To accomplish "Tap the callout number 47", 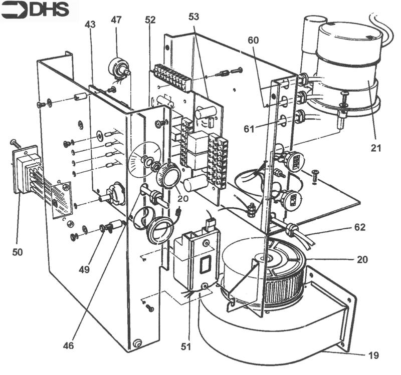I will click(116, 20).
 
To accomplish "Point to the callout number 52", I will click(150, 20).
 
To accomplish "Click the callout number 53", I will click(193, 17).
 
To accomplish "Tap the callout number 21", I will click(376, 148).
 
